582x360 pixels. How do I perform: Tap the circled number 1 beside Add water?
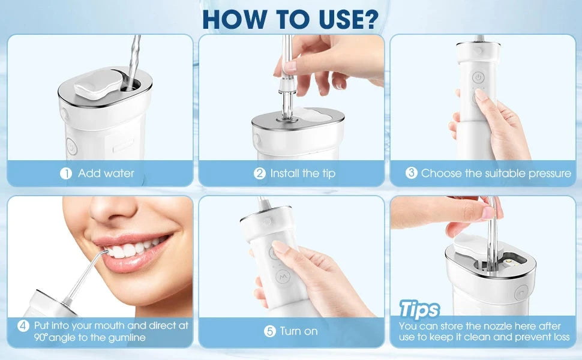pyautogui.click(x=66, y=173)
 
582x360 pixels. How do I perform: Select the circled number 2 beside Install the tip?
pyautogui.click(x=259, y=173)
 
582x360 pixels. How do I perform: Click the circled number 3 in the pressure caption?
pyautogui.click(x=411, y=173)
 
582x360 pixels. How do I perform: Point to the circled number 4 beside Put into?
pyautogui.click(x=23, y=326)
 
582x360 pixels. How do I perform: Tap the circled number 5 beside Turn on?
pyautogui.click(x=270, y=331)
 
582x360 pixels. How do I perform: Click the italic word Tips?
pyautogui.click(x=419, y=310)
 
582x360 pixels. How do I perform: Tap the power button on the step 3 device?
pyautogui.click(x=478, y=78)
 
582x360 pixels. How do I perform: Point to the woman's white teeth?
pyautogui.click(x=133, y=248)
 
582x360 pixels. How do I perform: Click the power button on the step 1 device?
pyautogui.click(x=70, y=146)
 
